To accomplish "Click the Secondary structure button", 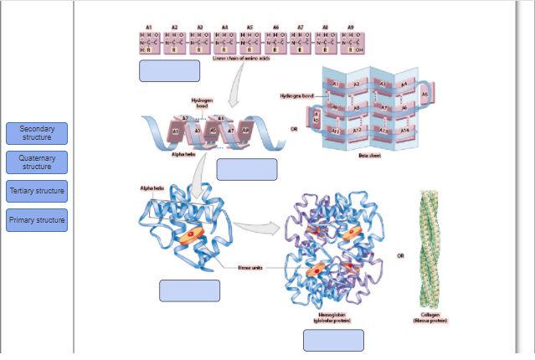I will click(37, 133).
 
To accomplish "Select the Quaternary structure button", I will click(37, 162).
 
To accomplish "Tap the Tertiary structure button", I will click(37, 191).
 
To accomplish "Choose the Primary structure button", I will click(37, 220).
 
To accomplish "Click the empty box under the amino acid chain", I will click(169, 71).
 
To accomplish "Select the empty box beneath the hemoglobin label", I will click(333, 341).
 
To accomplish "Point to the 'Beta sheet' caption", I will click(369, 157).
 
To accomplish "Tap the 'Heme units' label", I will click(250, 267).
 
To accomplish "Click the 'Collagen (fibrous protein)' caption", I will click(430, 317).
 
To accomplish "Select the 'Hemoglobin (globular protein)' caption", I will click(332, 317).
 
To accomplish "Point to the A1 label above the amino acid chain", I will click(148, 28).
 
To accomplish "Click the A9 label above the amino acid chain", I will click(350, 28).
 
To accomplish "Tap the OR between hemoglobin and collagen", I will click(400, 255).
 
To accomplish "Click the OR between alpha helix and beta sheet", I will click(294, 129).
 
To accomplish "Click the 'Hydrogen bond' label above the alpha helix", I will click(202, 103).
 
